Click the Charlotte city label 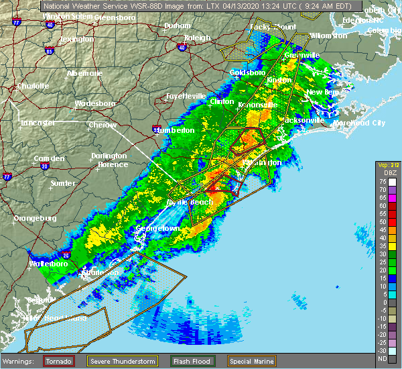pos(33,86)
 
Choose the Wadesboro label pos(95,103)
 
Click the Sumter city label pos(62,182)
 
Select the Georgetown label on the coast pos(158,229)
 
